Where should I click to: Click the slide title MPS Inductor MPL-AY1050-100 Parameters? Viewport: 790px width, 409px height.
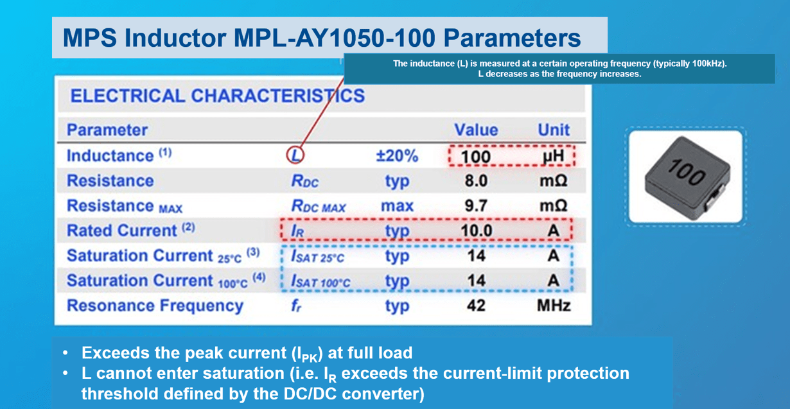[322, 38]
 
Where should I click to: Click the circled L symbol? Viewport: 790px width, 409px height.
[295, 155]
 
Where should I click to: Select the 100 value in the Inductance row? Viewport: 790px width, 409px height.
[475, 157]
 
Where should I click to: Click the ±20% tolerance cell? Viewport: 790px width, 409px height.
[396, 156]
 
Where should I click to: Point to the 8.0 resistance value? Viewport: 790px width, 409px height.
[475, 181]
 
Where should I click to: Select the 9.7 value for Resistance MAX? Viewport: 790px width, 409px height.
[475, 206]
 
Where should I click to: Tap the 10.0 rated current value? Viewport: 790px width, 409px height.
[475, 231]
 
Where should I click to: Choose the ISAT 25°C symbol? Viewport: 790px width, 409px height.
[318, 257]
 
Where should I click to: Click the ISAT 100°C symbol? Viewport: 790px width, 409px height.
[320, 282]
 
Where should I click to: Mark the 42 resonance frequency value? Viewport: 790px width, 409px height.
[475, 306]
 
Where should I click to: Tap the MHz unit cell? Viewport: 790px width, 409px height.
[553, 306]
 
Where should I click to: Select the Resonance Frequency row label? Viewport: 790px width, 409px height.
[155, 306]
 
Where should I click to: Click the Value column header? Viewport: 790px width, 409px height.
[475, 130]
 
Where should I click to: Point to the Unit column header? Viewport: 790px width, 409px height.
[553, 130]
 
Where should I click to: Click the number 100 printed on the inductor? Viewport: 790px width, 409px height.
[686, 173]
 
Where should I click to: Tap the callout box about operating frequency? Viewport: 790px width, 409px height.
[559, 69]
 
